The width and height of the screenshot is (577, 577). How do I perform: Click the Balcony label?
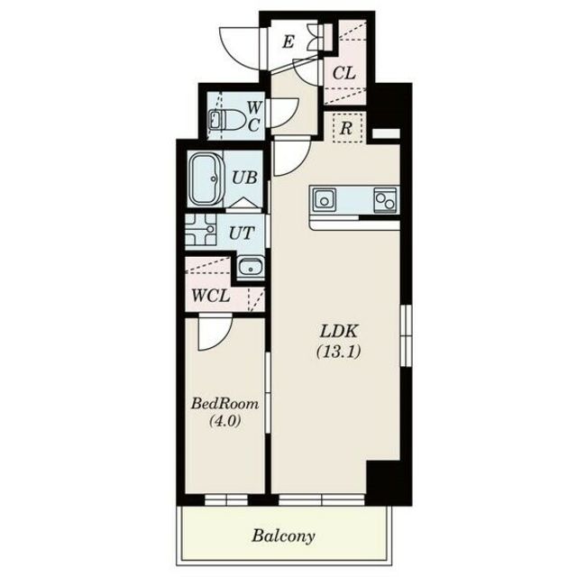tap(283, 536)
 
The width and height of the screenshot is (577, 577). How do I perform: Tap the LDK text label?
tap(339, 332)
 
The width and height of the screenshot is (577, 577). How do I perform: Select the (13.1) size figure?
tap(339, 352)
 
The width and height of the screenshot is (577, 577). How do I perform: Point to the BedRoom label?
tap(224, 404)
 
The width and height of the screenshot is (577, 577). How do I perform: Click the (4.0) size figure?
tap(224, 420)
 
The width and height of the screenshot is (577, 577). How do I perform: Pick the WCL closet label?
tap(211, 296)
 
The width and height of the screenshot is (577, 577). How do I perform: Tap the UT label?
tap(242, 233)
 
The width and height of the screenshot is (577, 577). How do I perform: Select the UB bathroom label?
tap(244, 179)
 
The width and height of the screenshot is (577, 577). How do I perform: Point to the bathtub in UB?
tap(206, 179)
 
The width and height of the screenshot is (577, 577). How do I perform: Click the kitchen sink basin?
tap(325, 200)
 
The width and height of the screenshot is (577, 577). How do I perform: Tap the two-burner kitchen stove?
tap(385, 200)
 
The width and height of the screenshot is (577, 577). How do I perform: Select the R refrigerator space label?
tap(346, 128)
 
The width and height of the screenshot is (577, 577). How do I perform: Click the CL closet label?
tap(344, 73)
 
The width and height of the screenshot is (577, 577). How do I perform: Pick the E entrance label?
tap(288, 42)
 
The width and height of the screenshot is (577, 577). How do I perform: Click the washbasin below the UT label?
tap(251, 267)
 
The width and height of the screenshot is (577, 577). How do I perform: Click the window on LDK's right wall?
tap(406, 335)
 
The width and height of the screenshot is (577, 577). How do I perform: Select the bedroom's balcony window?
tap(226, 499)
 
